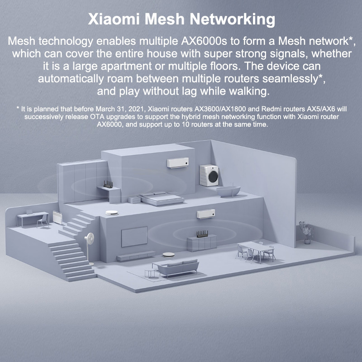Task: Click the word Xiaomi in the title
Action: tap(114, 19)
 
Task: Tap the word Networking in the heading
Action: tap(233, 20)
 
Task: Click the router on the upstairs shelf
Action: tap(108, 184)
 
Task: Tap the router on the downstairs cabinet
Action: tap(202, 233)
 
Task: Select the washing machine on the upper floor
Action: tap(209, 175)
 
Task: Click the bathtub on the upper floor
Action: tap(228, 191)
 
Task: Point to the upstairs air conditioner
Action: tap(178, 162)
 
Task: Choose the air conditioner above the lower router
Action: tap(206, 214)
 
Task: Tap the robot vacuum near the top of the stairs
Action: tap(112, 213)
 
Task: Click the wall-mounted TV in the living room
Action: tap(134, 237)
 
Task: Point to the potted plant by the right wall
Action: tap(306, 232)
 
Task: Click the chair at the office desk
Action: tap(43, 221)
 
